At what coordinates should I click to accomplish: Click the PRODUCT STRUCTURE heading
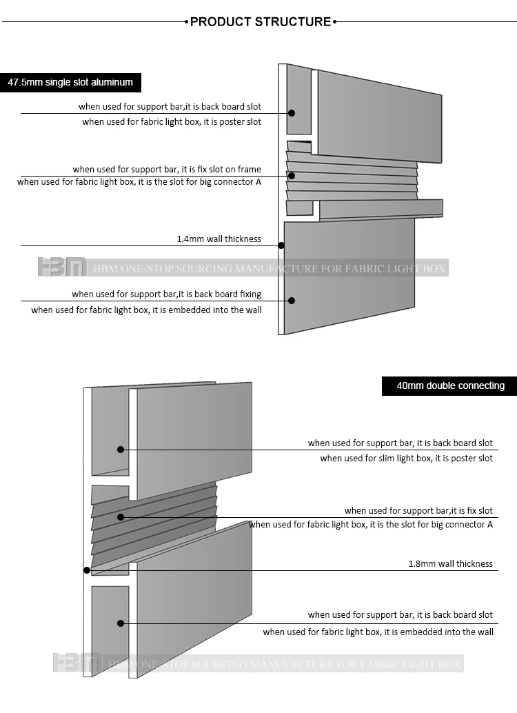(260, 21)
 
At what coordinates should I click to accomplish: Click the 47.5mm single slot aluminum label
(70, 82)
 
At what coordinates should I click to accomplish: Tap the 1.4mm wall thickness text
(219, 239)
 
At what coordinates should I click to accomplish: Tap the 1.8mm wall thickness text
(450, 563)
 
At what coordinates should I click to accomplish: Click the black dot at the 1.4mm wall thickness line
(281, 245)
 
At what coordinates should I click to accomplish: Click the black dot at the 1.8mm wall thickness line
(87, 570)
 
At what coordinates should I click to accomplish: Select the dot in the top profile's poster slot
(292, 113)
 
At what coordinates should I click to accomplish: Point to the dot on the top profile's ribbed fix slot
(292, 176)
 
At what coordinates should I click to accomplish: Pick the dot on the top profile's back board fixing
(292, 300)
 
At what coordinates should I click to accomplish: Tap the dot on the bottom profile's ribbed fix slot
(121, 516)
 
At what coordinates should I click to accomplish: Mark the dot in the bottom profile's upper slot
(121, 449)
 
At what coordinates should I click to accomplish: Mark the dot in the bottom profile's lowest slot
(121, 623)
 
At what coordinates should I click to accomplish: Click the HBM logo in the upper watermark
(62, 268)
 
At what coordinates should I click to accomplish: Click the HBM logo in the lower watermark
(78, 663)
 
